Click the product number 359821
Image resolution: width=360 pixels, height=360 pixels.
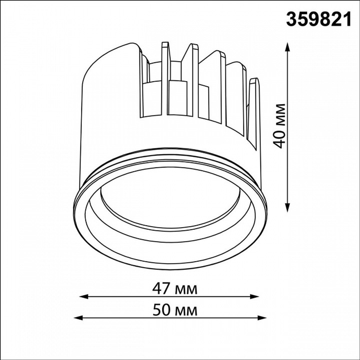coord(319,19)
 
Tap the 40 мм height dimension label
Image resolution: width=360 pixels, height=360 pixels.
coord(280,126)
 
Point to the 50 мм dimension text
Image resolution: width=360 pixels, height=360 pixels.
coord(175,310)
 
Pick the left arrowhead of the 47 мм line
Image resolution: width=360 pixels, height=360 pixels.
coord(84,296)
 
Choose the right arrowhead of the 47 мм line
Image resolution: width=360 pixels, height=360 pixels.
coord(255,296)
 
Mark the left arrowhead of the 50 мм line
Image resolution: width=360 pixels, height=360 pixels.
coord(78,318)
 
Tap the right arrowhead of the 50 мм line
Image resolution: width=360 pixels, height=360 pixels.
coord(262,318)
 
